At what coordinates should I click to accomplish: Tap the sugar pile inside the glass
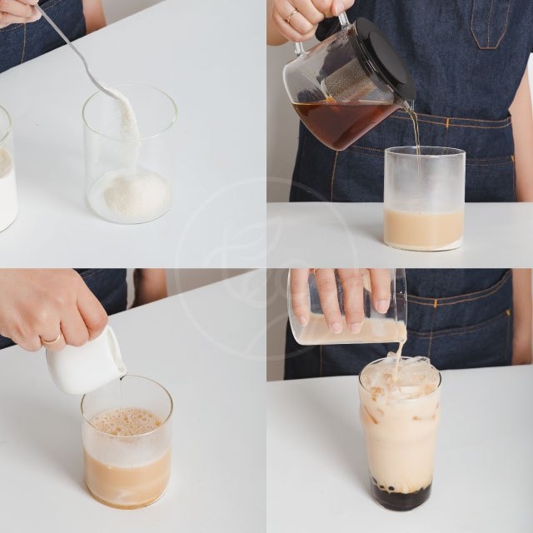click(131, 193)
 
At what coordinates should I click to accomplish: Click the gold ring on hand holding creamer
click(52, 339)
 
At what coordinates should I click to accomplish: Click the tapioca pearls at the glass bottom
click(401, 492)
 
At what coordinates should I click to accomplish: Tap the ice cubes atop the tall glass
click(400, 375)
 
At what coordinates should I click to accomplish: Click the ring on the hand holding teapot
click(291, 15)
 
